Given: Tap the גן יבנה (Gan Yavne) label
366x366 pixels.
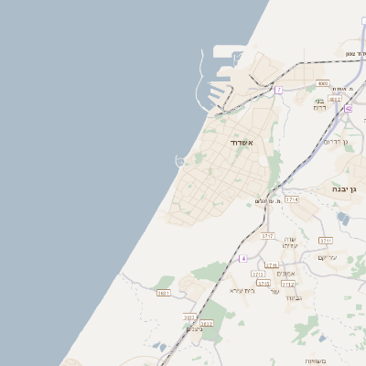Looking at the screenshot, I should click(346, 188).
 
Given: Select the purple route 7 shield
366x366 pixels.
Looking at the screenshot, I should click(278, 89).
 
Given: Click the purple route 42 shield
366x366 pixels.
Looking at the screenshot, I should click(348, 108).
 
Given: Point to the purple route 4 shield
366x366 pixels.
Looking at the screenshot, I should click(242, 258).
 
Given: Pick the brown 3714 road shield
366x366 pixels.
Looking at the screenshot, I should click(291, 199).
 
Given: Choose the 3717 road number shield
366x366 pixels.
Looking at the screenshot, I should click(267, 235).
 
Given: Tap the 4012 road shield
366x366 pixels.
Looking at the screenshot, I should click(335, 100).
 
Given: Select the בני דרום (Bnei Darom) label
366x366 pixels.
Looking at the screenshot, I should click(320, 103).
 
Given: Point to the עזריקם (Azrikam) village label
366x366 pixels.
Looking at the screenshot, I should click(327, 257).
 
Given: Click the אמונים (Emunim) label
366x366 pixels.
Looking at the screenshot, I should click(285, 273).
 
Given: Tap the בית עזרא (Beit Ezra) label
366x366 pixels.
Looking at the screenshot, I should click(242, 289).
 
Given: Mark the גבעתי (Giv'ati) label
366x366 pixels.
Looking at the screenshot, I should click(293, 298).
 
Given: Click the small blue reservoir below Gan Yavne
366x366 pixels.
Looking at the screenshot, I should click(342, 218).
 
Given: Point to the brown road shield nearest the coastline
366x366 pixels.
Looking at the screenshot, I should click(164, 293).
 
